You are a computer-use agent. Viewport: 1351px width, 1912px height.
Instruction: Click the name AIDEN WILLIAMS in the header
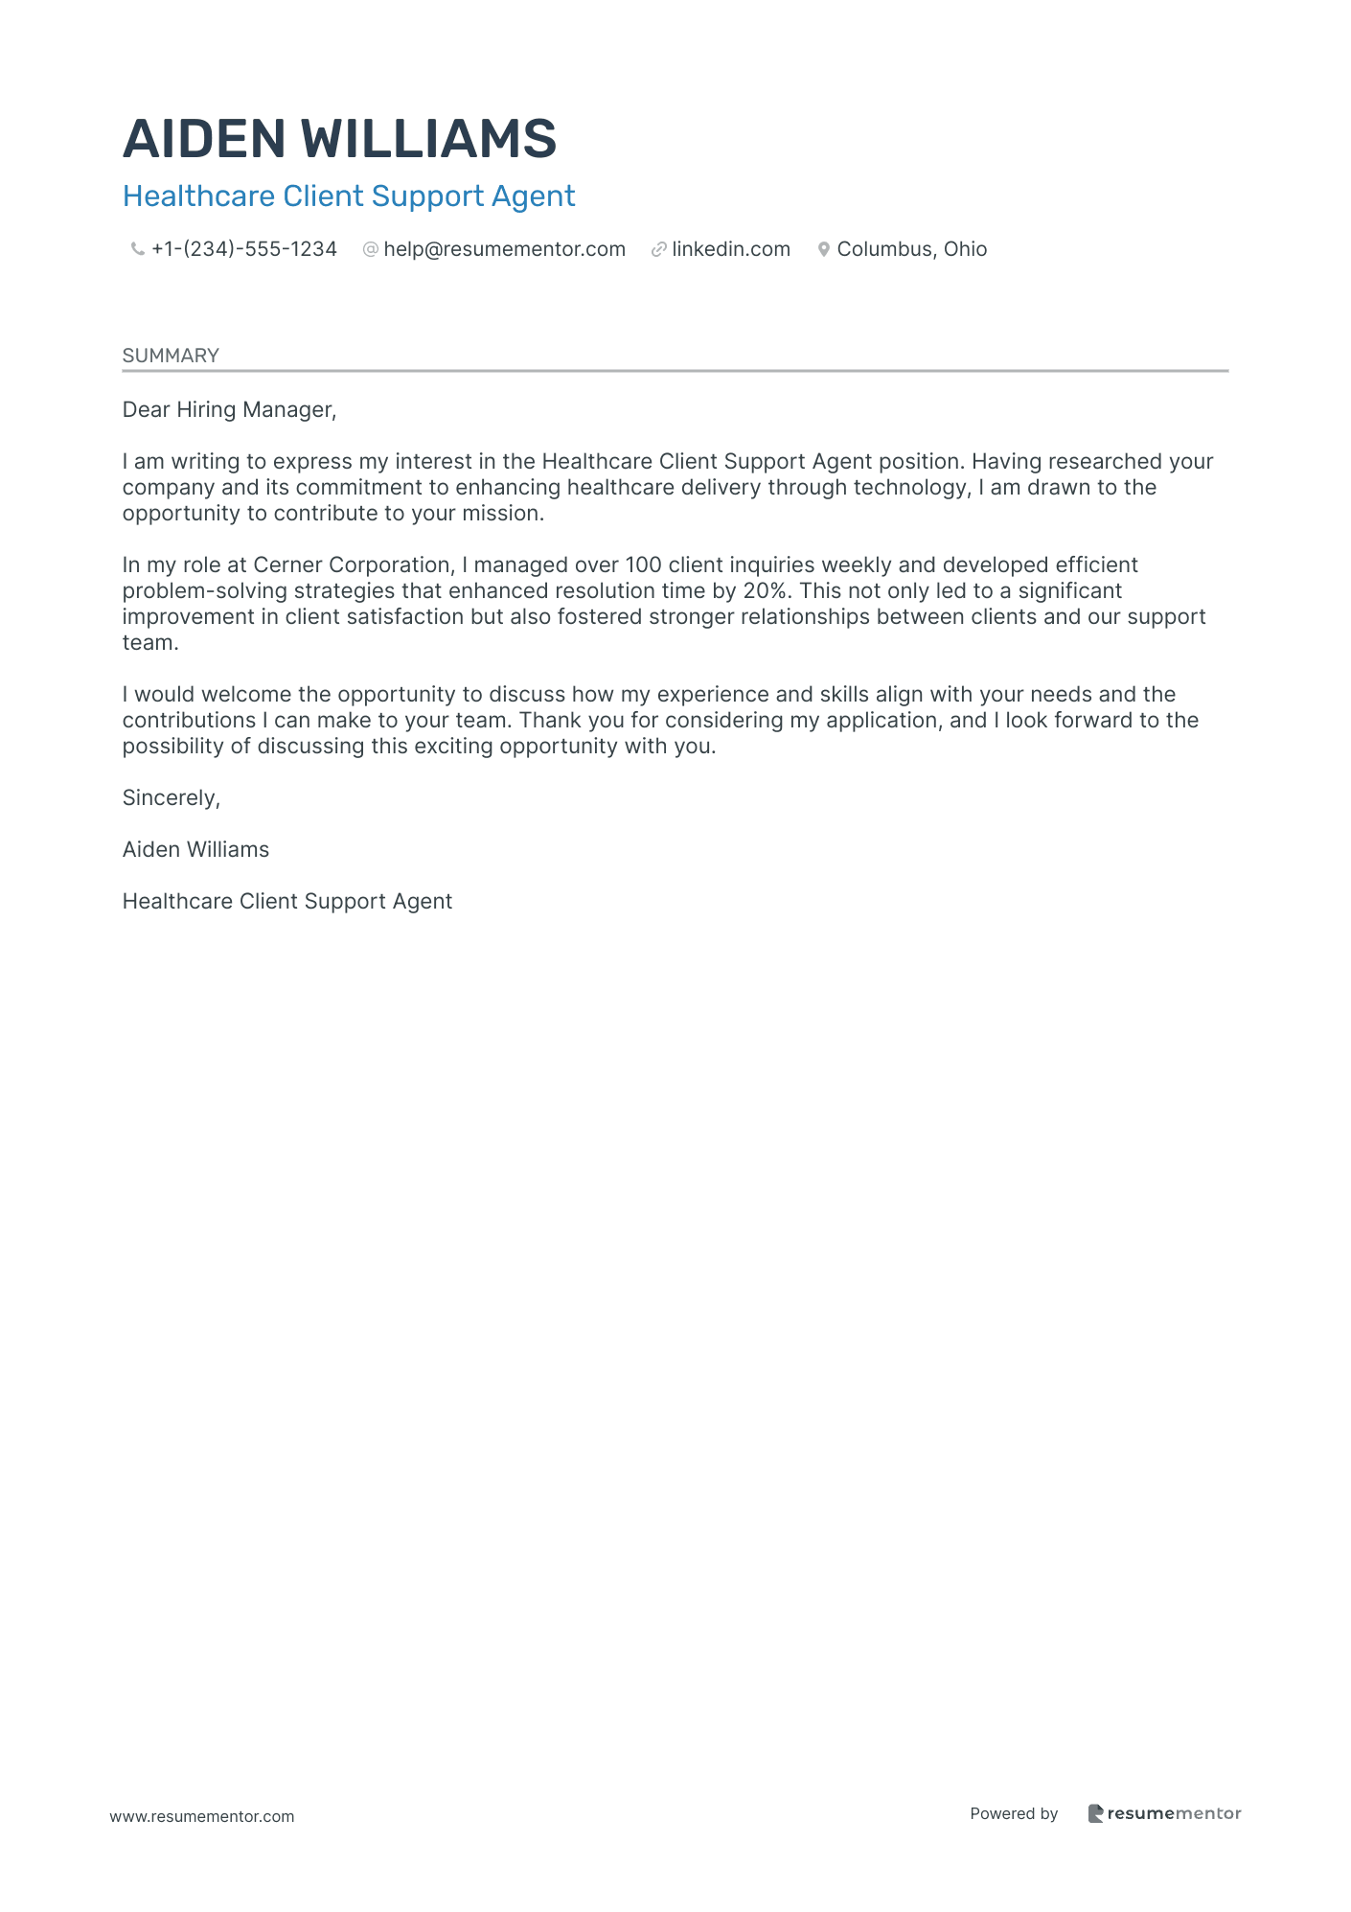pyautogui.click(x=339, y=139)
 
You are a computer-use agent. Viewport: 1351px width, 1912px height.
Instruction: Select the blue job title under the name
pyautogui.click(x=349, y=196)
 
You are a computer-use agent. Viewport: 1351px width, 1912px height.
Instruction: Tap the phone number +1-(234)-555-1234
pyautogui.click(x=244, y=249)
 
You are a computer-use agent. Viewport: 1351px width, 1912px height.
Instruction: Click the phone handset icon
pyautogui.click(x=137, y=249)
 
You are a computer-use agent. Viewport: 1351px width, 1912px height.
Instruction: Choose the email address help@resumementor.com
pyautogui.click(x=504, y=249)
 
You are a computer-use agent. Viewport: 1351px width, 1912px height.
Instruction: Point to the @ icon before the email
pyautogui.click(x=370, y=249)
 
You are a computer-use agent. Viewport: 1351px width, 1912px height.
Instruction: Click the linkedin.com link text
pyautogui.click(x=731, y=249)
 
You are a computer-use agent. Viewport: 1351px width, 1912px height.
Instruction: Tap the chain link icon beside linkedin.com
pyautogui.click(x=658, y=249)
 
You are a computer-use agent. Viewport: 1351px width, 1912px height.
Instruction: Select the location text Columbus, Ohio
pyautogui.click(x=911, y=249)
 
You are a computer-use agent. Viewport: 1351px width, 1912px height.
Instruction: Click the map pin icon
pyautogui.click(x=823, y=249)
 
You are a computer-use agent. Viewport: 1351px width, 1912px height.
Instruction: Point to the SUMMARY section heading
pyautogui.click(x=171, y=356)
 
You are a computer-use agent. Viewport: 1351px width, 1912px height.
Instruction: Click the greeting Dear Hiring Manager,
pyautogui.click(x=229, y=410)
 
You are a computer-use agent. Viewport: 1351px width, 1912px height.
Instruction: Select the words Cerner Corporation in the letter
pyautogui.click(x=352, y=565)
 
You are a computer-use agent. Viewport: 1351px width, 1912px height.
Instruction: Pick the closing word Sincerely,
pyautogui.click(x=172, y=798)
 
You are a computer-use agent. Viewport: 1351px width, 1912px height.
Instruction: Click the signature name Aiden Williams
pyautogui.click(x=195, y=850)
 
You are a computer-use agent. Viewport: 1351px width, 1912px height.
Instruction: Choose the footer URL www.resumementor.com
pyautogui.click(x=202, y=1816)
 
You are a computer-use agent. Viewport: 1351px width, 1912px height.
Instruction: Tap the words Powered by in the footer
pyautogui.click(x=1014, y=1813)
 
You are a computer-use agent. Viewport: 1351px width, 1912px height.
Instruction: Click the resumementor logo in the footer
pyautogui.click(x=1164, y=1813)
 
